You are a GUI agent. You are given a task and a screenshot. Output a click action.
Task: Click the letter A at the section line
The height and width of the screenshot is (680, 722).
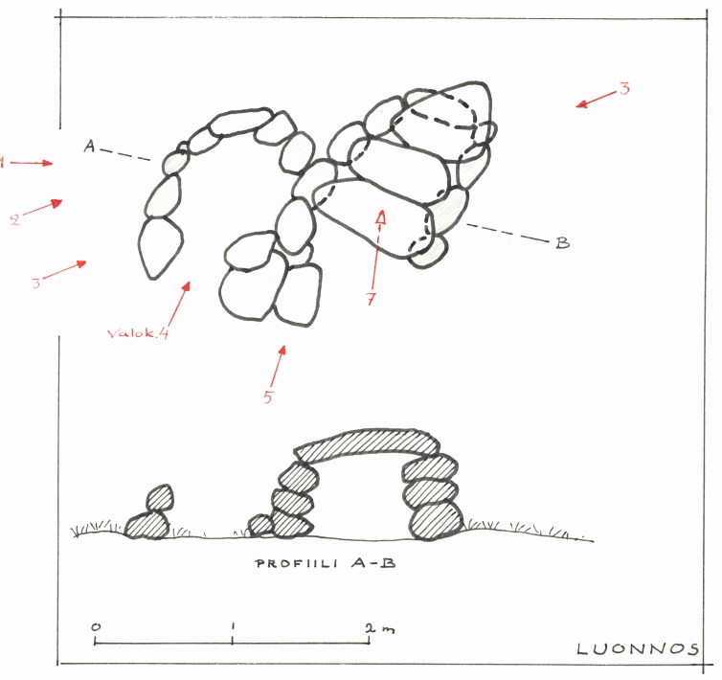pos(89,146)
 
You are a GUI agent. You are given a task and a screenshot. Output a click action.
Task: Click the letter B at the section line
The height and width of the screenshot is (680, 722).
pos(562,242)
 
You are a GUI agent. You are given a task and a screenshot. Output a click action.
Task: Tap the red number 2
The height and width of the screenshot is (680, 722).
pos(15,219)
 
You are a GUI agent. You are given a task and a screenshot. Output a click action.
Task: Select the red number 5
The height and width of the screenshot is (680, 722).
pos(268,397)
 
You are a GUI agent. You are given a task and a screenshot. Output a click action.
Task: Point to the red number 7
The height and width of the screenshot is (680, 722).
pos(371,299)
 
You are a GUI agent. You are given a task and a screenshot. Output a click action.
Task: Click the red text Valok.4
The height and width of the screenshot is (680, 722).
pos(138,332)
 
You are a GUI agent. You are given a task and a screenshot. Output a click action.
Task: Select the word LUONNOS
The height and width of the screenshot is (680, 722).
pos(638,649)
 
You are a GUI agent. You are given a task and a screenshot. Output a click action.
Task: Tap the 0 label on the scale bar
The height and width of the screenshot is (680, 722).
pos(96,627)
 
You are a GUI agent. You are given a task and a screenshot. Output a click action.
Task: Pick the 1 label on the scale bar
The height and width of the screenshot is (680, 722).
pos(233,626)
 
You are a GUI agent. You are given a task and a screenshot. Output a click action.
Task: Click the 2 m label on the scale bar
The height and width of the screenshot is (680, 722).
pos(380,628)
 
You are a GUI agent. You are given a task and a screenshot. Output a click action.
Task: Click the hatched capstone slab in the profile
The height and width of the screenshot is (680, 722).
pos(367,445)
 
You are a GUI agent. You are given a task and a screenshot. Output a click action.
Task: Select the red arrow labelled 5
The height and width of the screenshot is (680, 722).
pos(278,366)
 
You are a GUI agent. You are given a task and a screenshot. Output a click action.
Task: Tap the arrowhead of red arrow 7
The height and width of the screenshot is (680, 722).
pos(381,218)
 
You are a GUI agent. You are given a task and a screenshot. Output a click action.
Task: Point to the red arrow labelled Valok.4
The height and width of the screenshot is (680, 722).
pos(179,305)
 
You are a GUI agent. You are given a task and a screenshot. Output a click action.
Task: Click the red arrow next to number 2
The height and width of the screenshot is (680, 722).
pos(42,207)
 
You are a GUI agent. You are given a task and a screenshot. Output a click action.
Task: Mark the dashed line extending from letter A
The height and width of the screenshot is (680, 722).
pos(125,155)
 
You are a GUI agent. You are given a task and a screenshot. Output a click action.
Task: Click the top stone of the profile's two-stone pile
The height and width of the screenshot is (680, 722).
pos(160,498)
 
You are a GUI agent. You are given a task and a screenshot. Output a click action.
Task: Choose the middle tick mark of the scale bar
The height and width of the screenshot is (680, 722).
pos(233,640)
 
